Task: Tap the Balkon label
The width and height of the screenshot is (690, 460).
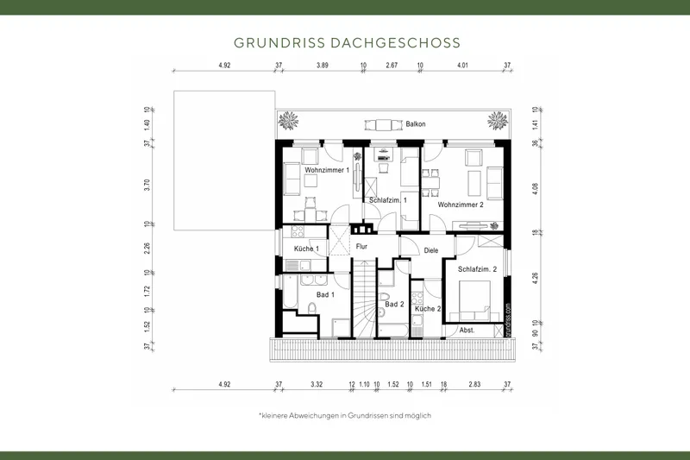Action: [416, 124]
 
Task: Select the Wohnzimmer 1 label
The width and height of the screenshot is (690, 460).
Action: [327, 170]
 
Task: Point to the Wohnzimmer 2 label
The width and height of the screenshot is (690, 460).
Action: [461, 205]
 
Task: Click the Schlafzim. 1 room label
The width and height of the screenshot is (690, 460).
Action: [388, 200]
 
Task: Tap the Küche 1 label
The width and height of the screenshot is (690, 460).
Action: [307, 249]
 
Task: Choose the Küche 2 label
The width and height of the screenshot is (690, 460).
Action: [427, 308]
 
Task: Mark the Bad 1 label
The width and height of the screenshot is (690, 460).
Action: [325, 294]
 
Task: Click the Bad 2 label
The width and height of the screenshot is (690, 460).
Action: [394, 304]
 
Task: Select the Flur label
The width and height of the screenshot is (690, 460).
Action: [362, 247]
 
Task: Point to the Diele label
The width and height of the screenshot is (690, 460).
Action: [431, 250]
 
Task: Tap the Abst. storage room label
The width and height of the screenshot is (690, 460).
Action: [467, 330]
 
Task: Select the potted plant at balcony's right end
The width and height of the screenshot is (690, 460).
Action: [498, 120]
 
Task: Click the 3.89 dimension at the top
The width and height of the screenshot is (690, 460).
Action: [323, 66]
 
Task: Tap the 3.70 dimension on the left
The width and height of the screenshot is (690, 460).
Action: [147, 183]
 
